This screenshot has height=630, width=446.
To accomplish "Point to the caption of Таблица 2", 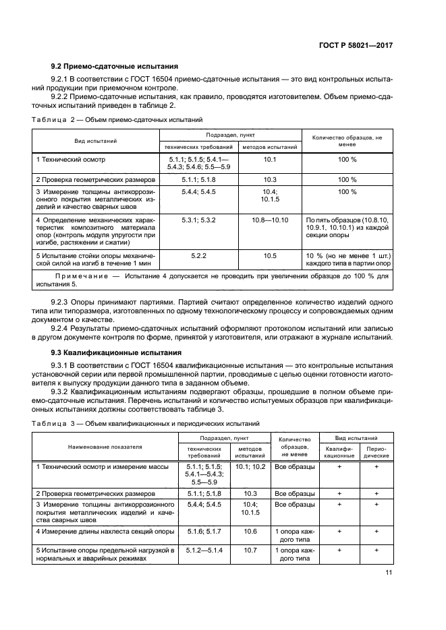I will (117, 120).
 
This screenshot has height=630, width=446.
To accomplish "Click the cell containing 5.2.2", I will (198, 255).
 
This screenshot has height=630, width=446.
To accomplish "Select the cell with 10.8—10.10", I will (270, 220).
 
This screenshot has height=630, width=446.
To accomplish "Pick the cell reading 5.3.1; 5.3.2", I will (198, 220).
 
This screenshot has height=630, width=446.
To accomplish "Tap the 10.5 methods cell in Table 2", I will (270, 255).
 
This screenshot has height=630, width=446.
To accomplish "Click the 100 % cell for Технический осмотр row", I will (347, 159).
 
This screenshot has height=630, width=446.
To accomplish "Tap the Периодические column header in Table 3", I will (376, 451).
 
